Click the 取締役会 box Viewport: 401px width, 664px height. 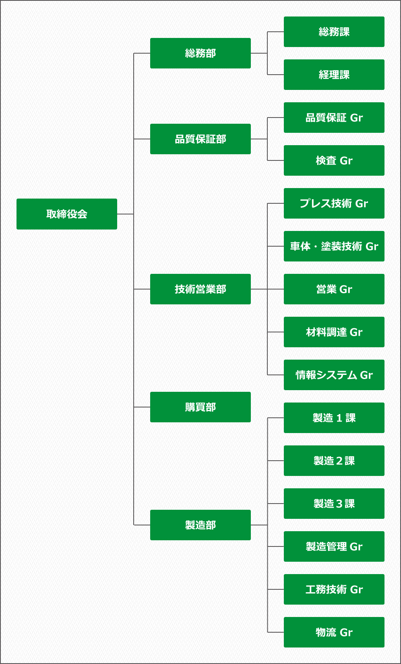67,214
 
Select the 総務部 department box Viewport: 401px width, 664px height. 200,53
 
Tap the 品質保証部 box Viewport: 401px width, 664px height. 200,139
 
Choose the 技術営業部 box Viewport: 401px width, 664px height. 200,289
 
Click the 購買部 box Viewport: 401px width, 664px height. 200,407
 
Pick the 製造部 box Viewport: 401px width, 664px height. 200,525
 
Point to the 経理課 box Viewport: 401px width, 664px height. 334,75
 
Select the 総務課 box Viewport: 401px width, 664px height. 334,32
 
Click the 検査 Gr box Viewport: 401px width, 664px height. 334,160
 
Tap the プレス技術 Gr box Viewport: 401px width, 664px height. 334,203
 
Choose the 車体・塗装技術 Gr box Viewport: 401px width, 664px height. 334,246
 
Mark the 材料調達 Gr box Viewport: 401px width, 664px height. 334,332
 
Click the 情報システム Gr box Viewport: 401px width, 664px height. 334,375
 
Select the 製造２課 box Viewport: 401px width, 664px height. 334,461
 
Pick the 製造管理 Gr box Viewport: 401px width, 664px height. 334,546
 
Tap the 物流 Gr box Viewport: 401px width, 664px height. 334,632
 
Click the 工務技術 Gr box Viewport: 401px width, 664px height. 334,589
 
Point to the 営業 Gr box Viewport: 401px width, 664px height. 334,289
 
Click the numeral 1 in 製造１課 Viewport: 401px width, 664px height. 339,418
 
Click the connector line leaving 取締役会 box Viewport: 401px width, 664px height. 125,214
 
